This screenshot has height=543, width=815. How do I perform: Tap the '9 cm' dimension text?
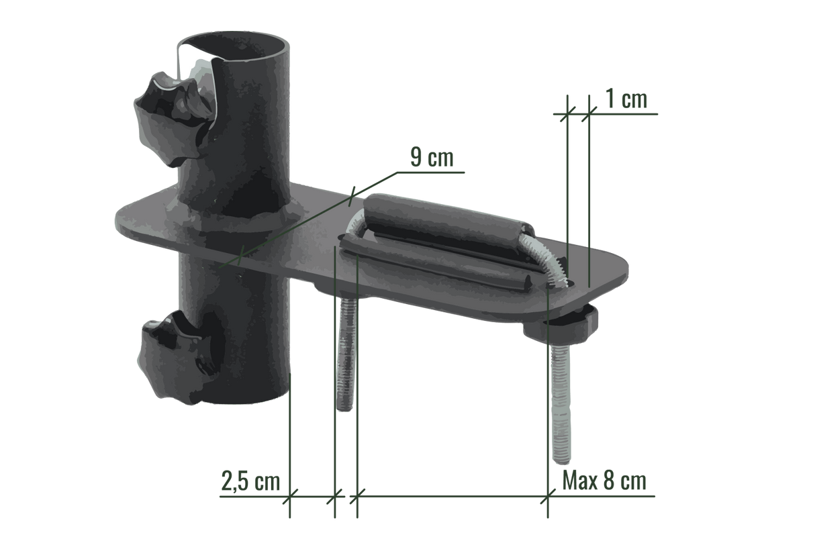(431, 158)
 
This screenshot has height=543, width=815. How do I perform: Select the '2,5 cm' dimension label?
(250, 483)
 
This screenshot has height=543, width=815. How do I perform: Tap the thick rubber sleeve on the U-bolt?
(443, 221)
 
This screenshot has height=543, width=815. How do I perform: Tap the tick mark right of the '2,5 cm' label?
(334, 497)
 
